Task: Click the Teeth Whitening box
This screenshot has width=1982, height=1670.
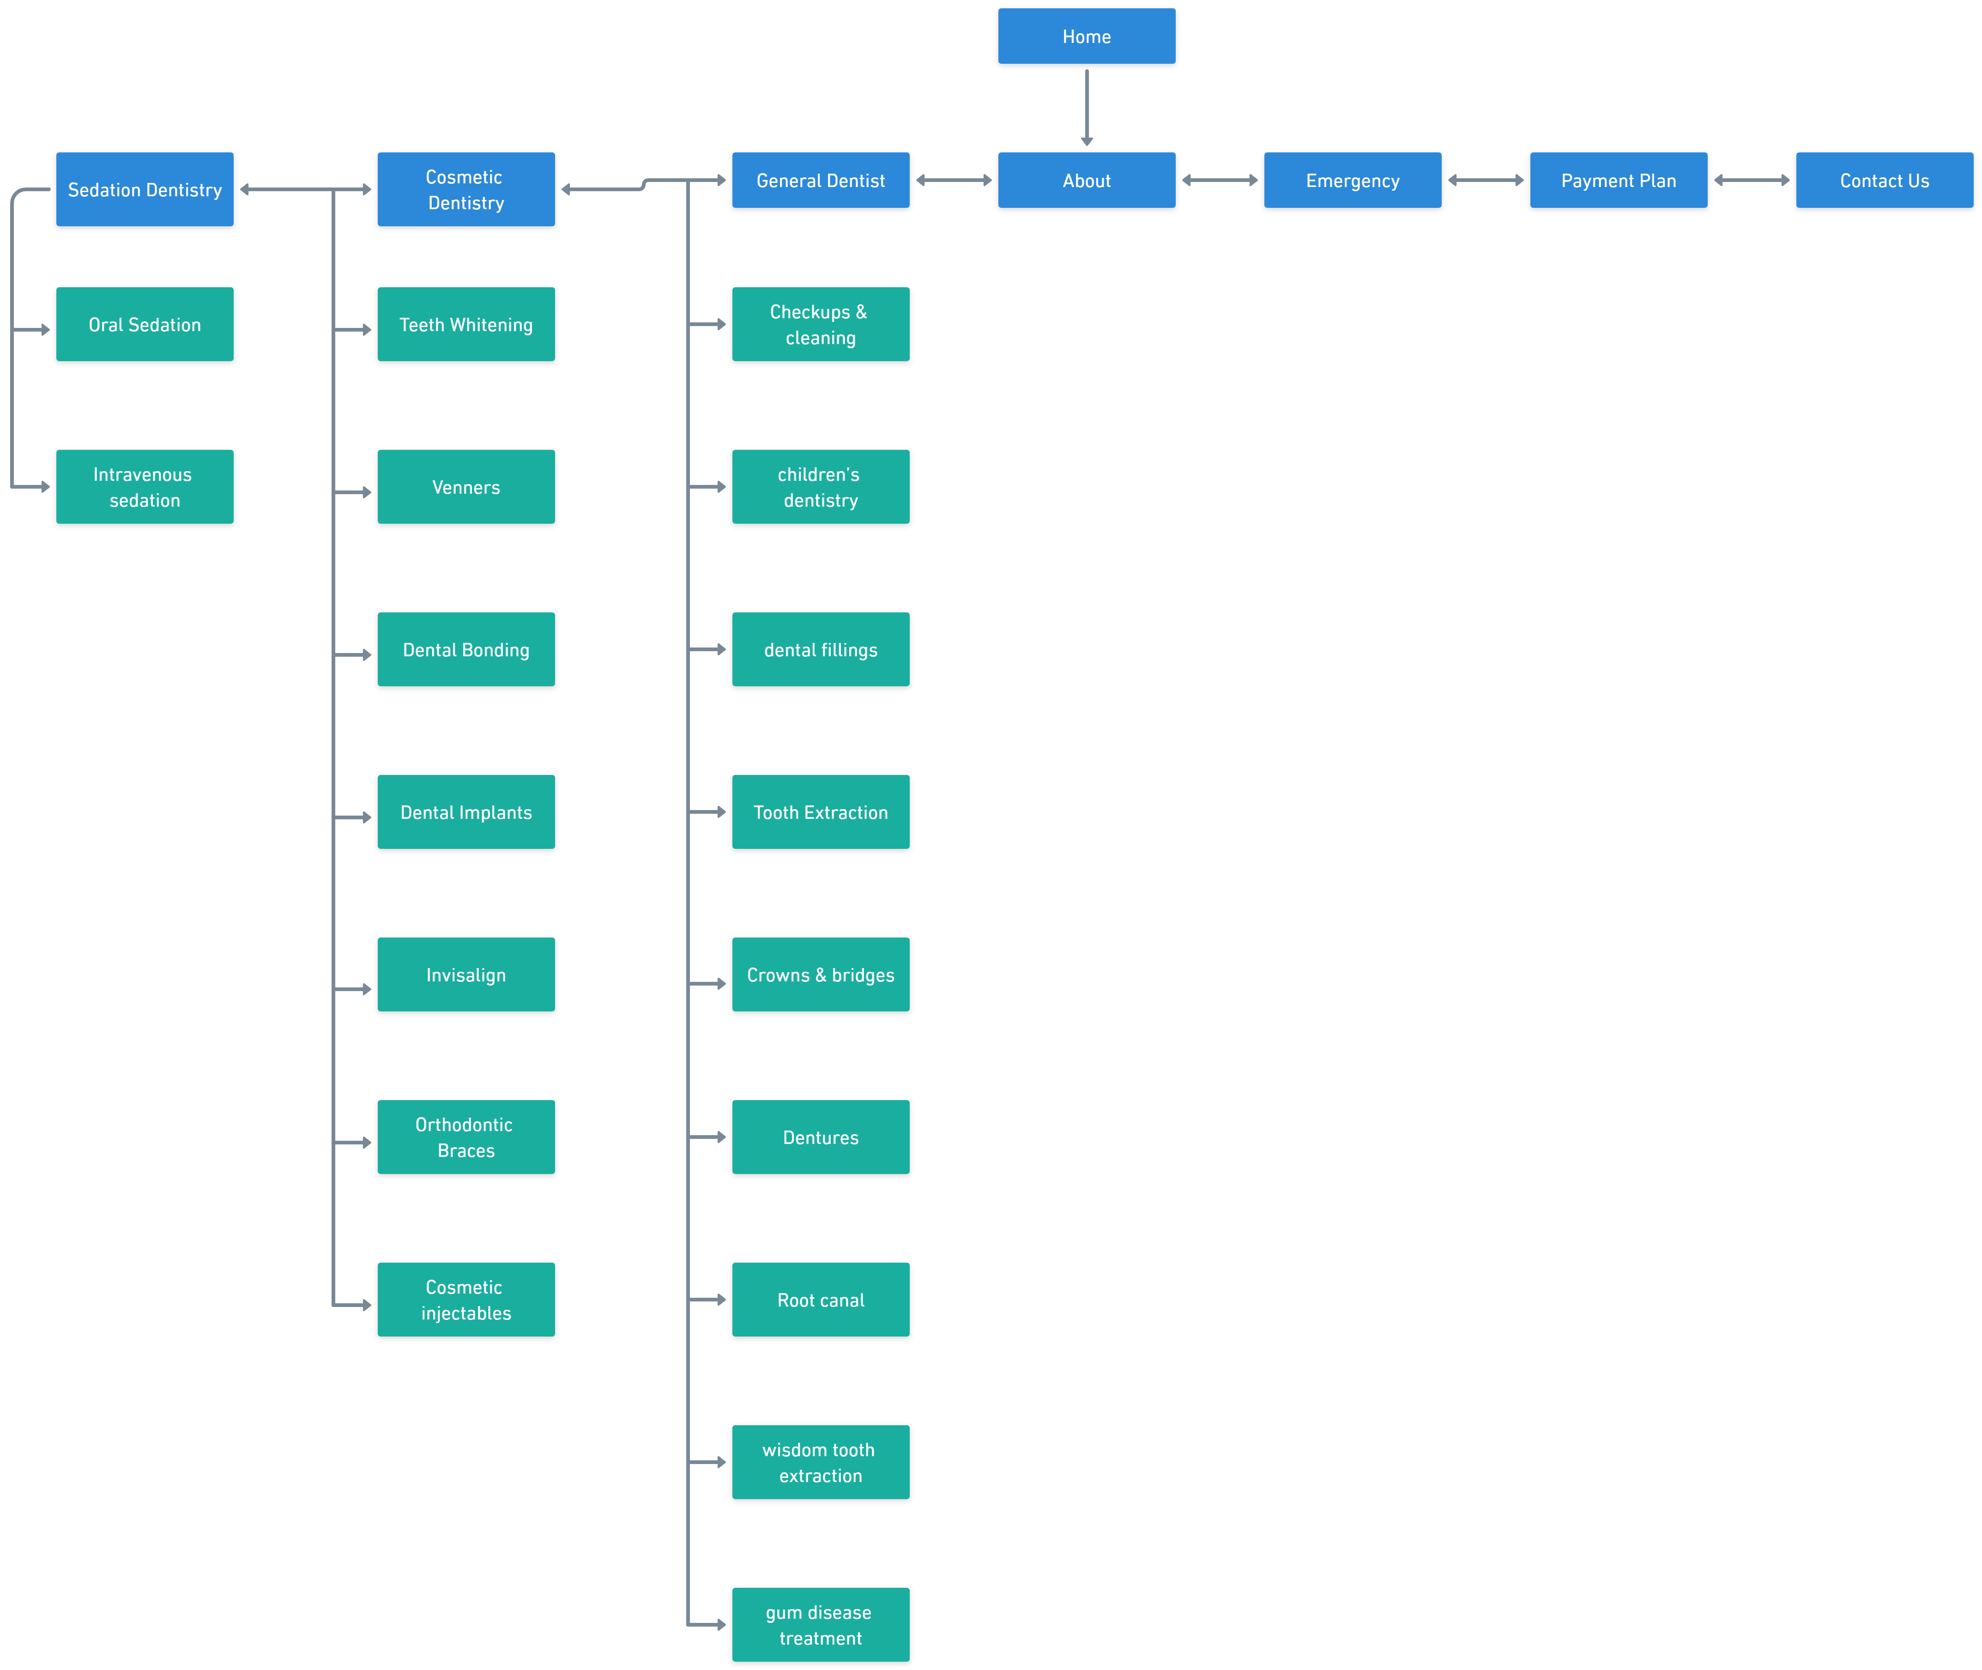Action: [465, 324]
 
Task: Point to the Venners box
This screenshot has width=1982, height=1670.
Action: [465, 487]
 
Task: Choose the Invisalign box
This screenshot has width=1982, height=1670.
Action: [465, 974]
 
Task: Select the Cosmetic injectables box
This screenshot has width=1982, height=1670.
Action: [465, 1299]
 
